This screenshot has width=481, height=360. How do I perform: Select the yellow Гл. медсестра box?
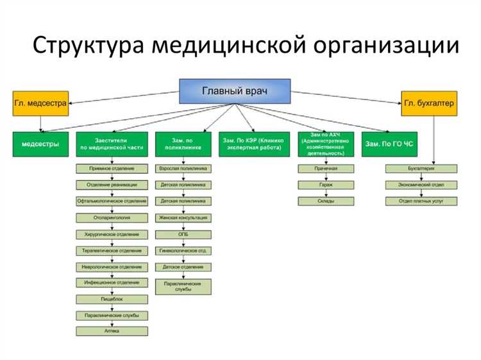click(x=40, y=103)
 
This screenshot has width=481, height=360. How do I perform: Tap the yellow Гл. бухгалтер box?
click(x=430, y=103)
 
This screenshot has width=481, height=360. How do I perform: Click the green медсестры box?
click(x=40, y=144)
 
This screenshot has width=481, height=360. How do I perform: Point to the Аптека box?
click(x=112, y=331)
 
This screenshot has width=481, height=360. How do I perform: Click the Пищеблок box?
click(x=112, y=299)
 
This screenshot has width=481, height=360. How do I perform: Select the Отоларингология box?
click(x=112, y=218)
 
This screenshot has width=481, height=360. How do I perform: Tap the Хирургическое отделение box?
click(x=112, y=234)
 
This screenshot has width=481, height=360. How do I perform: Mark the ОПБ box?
click(x=183, y=234)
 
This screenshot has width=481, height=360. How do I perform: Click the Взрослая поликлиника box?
click(x=183, y=168)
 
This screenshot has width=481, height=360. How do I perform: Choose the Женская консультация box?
click(x=183, y=218)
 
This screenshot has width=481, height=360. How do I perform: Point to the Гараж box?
click(x=326, y=185)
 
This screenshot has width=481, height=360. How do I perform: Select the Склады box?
click(x=326, y=201)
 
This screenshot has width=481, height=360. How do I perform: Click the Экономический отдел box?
click(x=421, y=185)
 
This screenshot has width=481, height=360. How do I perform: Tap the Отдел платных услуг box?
click(x=421, y=201)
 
